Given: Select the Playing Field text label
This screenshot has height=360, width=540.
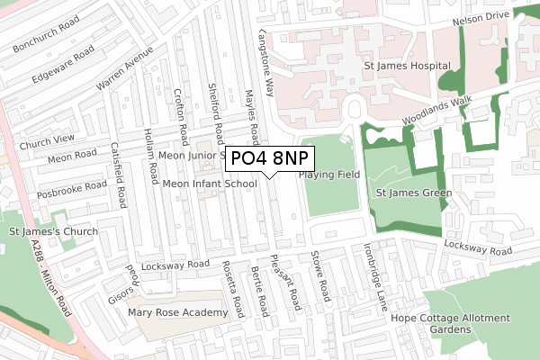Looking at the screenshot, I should [330, 174].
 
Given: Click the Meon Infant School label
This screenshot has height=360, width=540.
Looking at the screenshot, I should [210, 184].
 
